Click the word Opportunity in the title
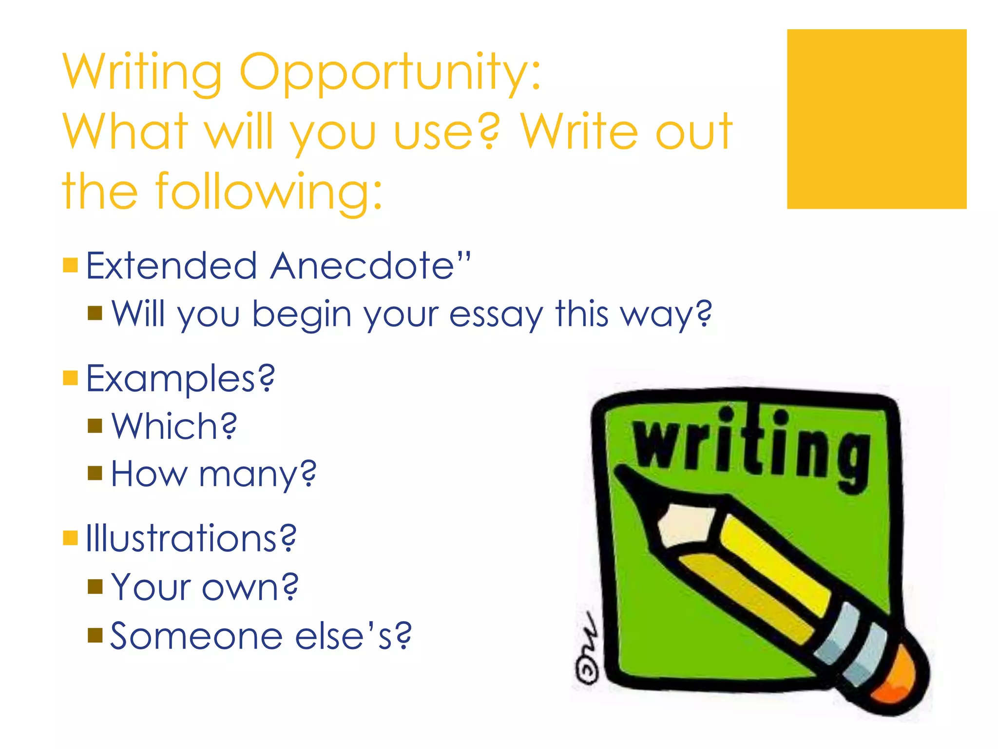pyautogui.click(x=390, y=73)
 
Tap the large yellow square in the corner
pyautogui.click(x=876, y=119)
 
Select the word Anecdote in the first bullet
pyautogui.click(x=370, y=266)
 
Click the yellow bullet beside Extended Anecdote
pyautogui.click(x=71, y=265)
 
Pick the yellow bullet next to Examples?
pyautogui.click(x=71, y=377)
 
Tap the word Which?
pyautogui.click(x=174, y=426)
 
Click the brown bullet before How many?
pyautogui.click(x=95, y=473)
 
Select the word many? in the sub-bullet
pyautogui.click(x=258, y=474)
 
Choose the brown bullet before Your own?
pyautogui.click(x=95, y=587)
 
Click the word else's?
pyautogui.click(x=353, y=636)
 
